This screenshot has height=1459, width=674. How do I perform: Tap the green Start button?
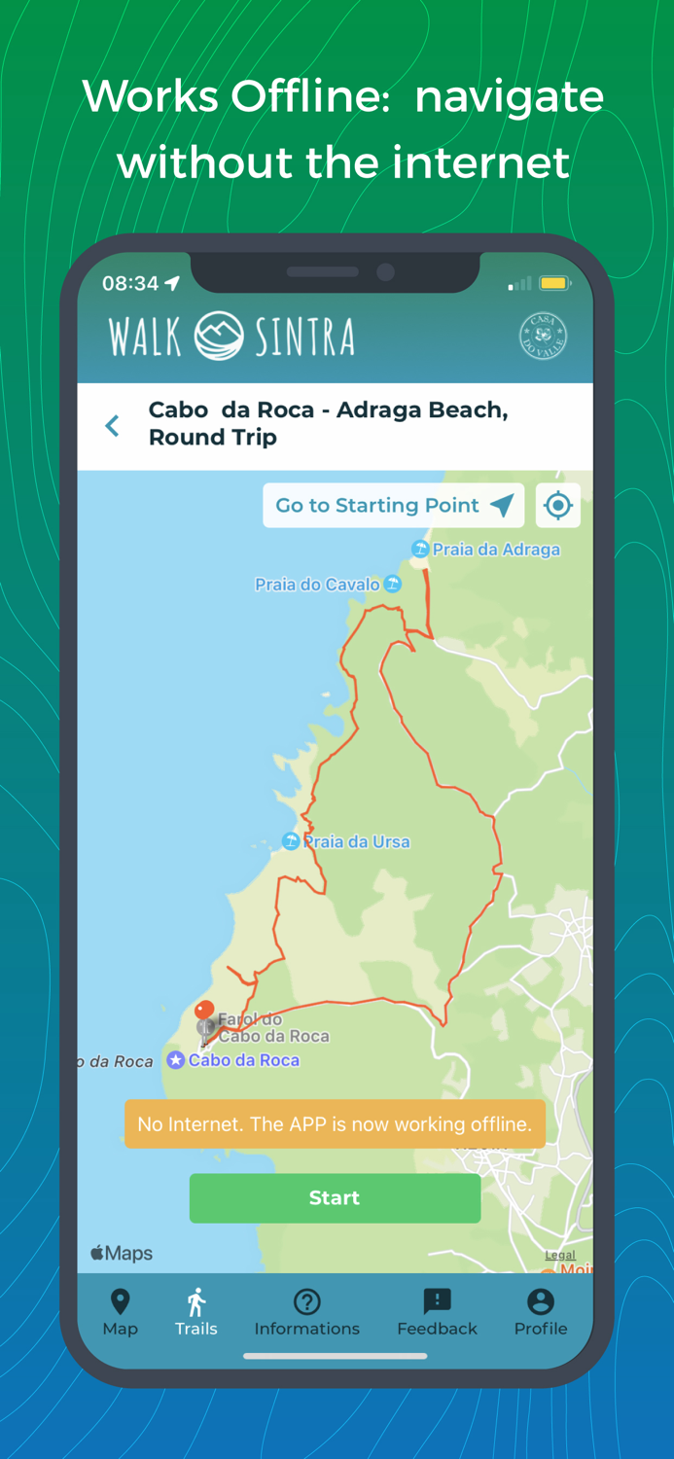tap(335, 1197)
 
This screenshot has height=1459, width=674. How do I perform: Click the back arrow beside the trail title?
tap(113, 425)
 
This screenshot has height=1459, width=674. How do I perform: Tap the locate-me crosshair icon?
tap(557, 505)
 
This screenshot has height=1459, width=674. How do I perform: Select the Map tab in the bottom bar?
tap(120, 1312)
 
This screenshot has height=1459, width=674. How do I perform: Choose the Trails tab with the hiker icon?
tap(195, 1312)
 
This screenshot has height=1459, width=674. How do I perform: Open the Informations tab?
tap(306, 1312)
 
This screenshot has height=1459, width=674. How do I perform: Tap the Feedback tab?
tap(437, 1312)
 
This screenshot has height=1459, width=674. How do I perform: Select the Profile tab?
tap(540, 1312)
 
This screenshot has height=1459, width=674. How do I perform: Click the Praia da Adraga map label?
tap(495, 550)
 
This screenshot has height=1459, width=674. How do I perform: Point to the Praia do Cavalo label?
tap(318, 585)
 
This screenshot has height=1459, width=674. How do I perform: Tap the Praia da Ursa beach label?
tap(356, 841)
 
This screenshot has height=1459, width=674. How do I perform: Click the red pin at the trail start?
tap(204, 1012)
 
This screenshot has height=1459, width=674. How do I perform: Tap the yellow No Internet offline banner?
tap(335, 1124)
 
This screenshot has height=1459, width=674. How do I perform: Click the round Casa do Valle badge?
tap(543, 337)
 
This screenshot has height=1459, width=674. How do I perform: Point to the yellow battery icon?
tap(553, 284)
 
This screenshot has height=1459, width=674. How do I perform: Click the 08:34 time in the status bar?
tap(130, 283)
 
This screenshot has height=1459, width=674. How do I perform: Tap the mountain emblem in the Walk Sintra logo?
tap(219, 337)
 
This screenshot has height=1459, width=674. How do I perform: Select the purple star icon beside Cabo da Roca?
tap(175, 1060)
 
